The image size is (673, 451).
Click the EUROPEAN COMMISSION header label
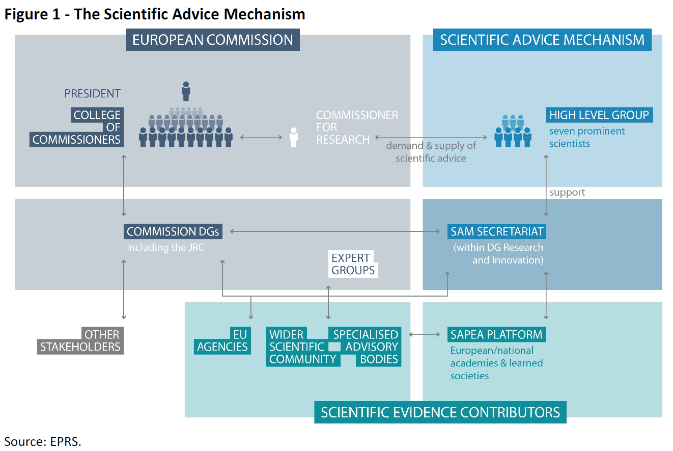point(213,40)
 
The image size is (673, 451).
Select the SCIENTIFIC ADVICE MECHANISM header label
point(542,40)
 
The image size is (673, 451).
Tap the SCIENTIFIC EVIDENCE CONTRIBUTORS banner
point(440,412)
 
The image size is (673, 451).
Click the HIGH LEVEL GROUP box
point(599,115)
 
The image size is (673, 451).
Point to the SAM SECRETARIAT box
point(497,231)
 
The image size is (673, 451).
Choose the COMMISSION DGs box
point(173,231)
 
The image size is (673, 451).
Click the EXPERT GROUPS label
point(353,264)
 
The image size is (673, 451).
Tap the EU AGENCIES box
point(222,341)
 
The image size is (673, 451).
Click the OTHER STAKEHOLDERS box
point(81,341)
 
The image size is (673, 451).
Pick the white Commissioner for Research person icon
point(293,138)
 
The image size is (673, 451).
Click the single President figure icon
point(186,91)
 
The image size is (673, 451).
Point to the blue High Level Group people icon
point(513,131)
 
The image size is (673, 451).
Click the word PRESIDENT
point(92,94)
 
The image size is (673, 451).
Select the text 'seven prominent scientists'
point(586,137)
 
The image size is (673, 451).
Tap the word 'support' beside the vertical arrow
point(567,193)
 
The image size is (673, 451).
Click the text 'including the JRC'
point(165,248)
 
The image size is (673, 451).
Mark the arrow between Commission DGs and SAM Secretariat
point(335,231)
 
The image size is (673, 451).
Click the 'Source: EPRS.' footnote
point(43,441)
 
